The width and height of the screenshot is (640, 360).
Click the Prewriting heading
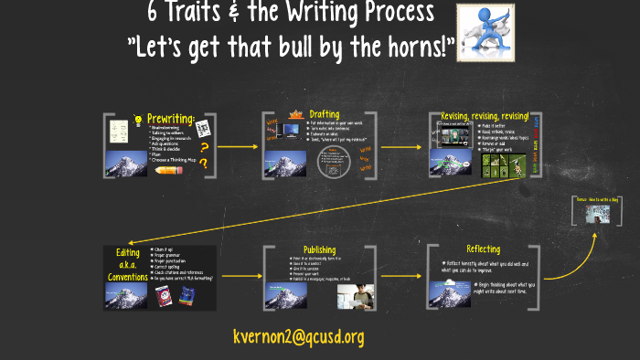[x=173, y=118]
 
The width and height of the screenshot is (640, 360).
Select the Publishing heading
[x=319, y=249]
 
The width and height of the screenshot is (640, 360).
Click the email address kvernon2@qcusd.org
[x=299, y=336]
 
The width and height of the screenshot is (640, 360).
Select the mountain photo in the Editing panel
[x=127, y=294]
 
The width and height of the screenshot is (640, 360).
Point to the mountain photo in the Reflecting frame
[x=451, y=292]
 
